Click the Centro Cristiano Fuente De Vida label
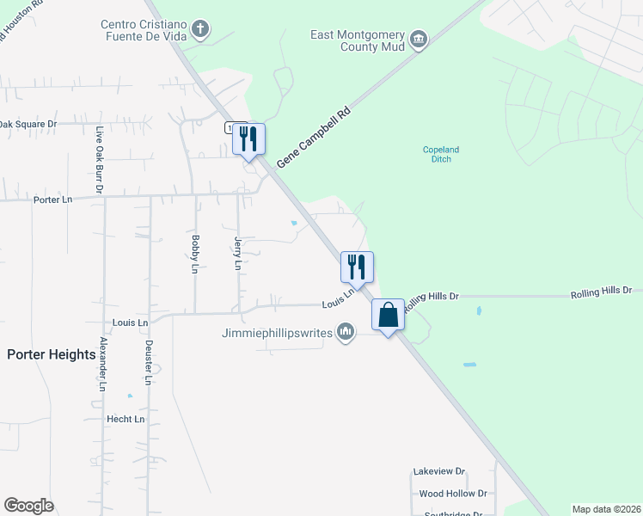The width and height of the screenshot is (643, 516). click(x=144, y=32)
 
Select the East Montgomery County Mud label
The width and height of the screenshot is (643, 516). click(x=358, y=40)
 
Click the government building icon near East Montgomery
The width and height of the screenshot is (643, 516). click(x=419, y=40)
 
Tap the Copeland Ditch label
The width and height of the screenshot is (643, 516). click(x=441, y=154)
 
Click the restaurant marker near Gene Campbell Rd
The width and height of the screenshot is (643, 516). click(x=249, y=138)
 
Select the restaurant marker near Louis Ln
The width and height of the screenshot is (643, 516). click(x=358, y=267)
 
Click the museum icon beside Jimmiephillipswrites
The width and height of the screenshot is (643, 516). click(x=346, y=331)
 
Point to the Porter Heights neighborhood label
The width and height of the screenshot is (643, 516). click(x=51, y=354)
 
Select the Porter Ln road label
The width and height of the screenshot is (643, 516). click(x=57, y=200)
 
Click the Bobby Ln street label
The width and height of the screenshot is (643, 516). click(x=196, y=254)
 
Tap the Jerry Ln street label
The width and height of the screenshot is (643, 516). click(x=238, y=254)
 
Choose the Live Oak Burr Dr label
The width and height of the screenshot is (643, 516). click(x=100, y=160)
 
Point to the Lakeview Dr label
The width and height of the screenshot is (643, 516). click(x=438, y=471)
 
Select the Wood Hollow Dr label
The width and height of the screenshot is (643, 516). click(x=453, y=494)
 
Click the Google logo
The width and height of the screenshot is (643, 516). click(x=28, y=506)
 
